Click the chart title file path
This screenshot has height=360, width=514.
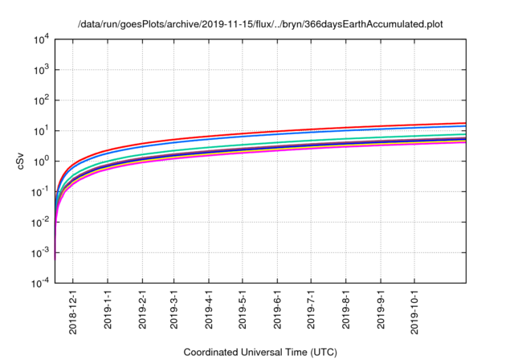pyautogui.click(x=260, y=24)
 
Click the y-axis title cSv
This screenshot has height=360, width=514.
pyautogui.click(x=22, y=161)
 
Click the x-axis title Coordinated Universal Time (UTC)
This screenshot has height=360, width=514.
pyautogui.click(x=260, y=352)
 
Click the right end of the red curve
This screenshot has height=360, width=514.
pyautogui.click(x=467, y=123)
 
